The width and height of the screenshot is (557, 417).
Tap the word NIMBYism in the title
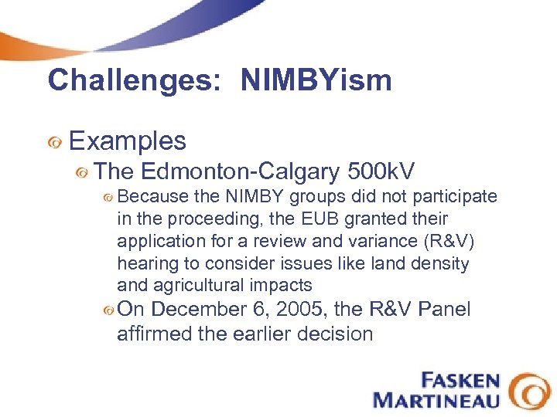(x=316, y=80)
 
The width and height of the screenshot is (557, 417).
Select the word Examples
(x=128, y=141)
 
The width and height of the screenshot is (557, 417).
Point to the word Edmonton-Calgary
(x=242, y=171)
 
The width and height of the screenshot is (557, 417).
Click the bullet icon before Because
(x=108, y=198)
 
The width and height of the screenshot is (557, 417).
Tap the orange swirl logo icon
(x=531, y=390)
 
